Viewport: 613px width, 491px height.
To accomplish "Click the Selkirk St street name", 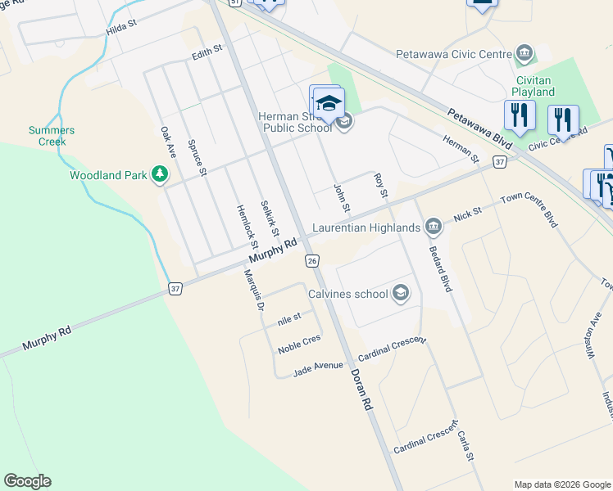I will click(269, 218).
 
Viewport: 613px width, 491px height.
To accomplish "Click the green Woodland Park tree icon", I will click(160, 174).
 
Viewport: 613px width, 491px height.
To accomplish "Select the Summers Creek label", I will click(52, 136).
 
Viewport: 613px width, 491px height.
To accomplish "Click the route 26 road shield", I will click(311, 260).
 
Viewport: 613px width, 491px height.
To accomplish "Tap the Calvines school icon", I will click(401, 293).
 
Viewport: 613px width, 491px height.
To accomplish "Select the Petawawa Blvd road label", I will click(480, 129).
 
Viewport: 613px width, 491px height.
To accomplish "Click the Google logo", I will click(27, 481).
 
